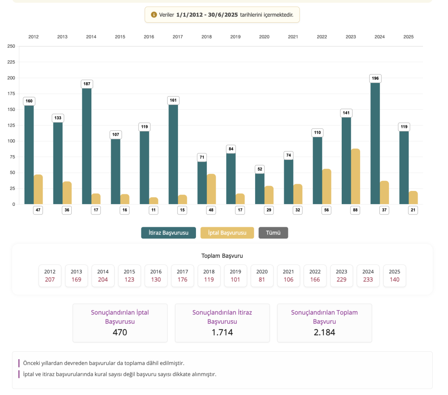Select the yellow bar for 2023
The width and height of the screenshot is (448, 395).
pyautogui.click(x=355, y=177)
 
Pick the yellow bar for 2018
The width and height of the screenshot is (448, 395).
pyautogui.click(x=211, y=189)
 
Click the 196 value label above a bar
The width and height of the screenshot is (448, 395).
pyautogui.click(x=375, y=79)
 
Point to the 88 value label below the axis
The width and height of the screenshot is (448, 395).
pyautogui.click(x=355, y=210)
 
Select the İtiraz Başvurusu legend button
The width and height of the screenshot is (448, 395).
pyautogui.click(x=168, y=233)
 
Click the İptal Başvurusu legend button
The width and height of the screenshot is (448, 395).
pyautogui.click(x=227, y=233)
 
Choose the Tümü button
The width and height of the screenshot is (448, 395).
pyautogui.click(x=273, y=233)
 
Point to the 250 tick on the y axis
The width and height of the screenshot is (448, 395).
pyautogui.click(x=11, y=46)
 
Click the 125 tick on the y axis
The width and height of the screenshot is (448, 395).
pyautogui.click(x=11, y=125)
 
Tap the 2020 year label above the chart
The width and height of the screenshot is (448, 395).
pyautogui.click(x=264, y=37)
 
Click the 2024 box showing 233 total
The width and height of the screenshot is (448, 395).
pyautogui.click(x=368, y=276)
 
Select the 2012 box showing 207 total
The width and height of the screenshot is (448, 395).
pyautogui.click(x=50, y=276)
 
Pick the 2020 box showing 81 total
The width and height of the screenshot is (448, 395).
pyautogui.click(x=262, y=276)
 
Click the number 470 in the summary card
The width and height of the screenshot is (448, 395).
pyautogui.click(x=120, y=333)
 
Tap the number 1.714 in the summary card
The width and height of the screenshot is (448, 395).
pyautogui.click(x=222, y=333)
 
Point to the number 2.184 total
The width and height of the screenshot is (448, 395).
pyautogui.click(x=325, y=333)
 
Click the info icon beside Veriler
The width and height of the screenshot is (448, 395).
pyautogui.click(x=154, y=15)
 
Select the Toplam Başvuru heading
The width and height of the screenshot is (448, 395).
pyautogui.click(x=222, y=256)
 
